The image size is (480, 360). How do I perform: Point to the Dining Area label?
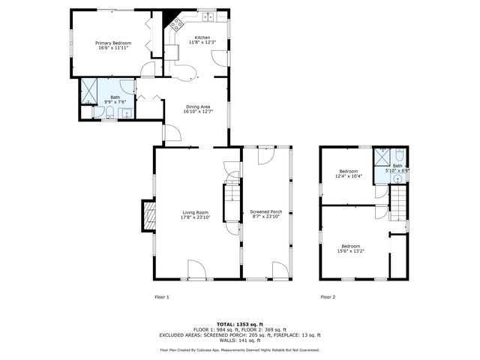(x=199, y=106)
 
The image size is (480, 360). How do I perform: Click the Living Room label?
(x=195, y=213)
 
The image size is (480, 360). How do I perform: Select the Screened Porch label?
(x=265, y=213)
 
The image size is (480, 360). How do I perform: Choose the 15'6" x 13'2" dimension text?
(x=351, y=250)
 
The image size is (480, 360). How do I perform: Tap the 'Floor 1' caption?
(x=162, y=297)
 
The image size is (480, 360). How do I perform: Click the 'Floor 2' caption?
(x=328, y=297)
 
